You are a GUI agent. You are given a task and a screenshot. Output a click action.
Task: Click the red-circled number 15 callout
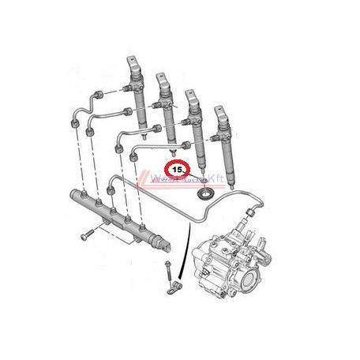(x=178, y=168)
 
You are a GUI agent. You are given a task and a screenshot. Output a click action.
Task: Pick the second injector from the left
(x=166, y=107)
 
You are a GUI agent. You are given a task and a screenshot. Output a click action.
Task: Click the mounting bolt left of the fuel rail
(x=84, y=235)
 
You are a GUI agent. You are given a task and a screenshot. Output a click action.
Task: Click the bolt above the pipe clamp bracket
(x=168, y=264)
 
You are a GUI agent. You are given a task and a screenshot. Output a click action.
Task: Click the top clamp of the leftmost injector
(x=133, y=63)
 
